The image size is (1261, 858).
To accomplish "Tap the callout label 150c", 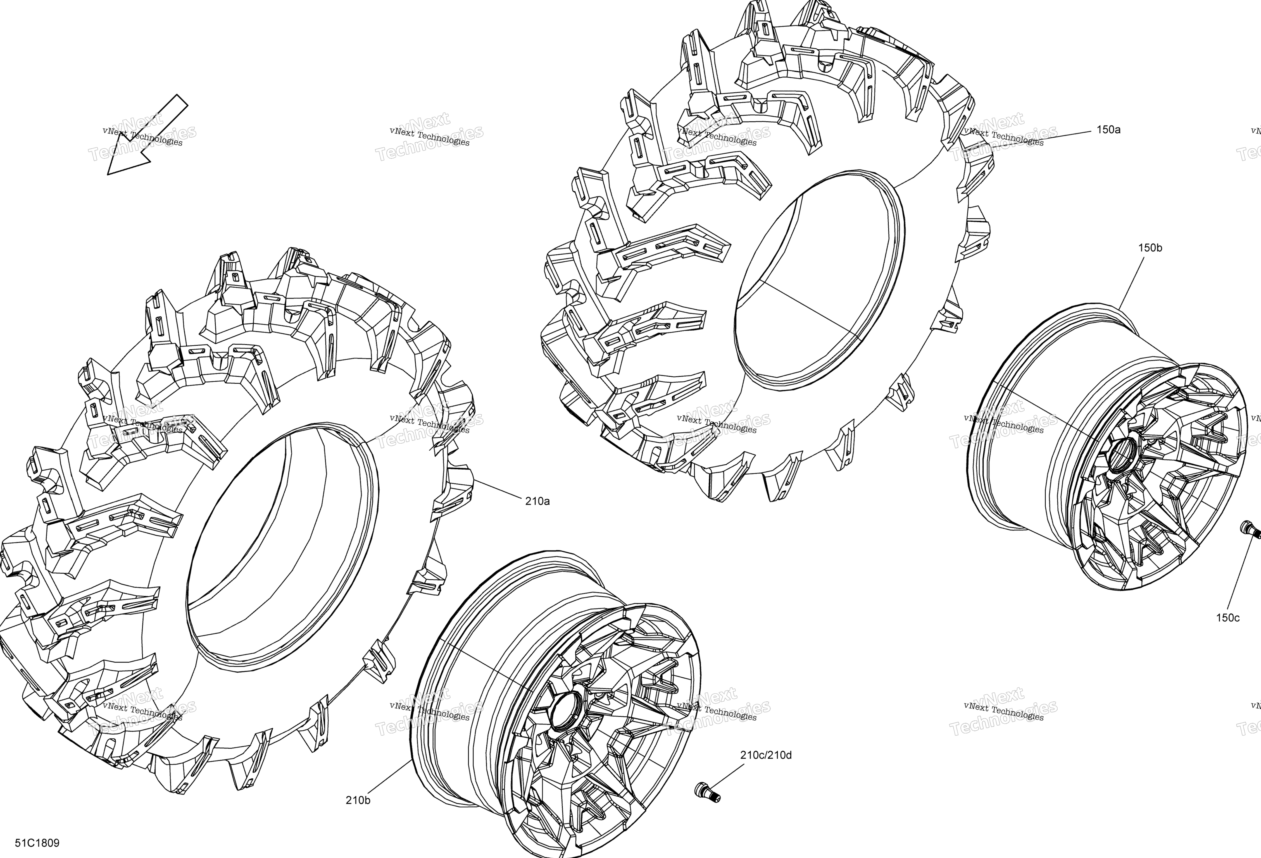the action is pyautogui.click(x=1227, y=618).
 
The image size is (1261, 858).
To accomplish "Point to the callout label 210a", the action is pyautogui.click(x=537, y=501).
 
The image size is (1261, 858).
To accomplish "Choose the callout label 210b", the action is pyautogui.click(x=358, y=800).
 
